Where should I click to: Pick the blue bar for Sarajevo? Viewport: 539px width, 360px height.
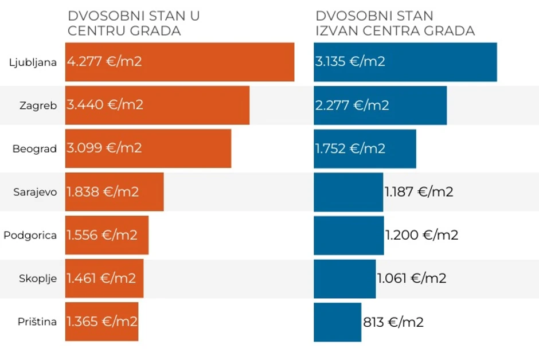click(348, 192)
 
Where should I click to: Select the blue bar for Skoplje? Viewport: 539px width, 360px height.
click(344, 279)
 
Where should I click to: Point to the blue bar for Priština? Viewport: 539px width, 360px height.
click(337, 322)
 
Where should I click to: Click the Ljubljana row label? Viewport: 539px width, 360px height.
click(33, 62)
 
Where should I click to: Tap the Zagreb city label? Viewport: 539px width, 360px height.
click(38, 105)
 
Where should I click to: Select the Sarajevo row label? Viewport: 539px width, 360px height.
click(35, 192)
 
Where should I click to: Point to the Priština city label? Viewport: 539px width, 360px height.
click(37, 322)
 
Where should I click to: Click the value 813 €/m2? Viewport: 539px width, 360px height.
click(393, 322)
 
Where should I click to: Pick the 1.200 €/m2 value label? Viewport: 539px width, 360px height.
click(421, 235)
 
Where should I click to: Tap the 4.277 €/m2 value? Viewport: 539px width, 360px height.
click(104, 61)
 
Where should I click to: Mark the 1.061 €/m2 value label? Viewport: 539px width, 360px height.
click(412, 279)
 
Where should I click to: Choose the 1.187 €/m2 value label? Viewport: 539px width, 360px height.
click(419, 192)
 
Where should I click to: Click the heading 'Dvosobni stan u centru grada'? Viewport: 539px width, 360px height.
click(134, 23)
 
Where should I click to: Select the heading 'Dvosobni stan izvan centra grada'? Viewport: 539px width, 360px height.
click(395, 23)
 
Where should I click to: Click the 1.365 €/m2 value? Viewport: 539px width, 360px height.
click(102, 322)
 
